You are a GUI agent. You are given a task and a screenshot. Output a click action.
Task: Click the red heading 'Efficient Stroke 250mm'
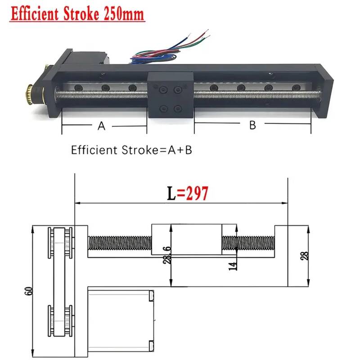point(77,14)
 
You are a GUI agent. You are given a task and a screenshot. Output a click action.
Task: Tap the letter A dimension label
point(102,126)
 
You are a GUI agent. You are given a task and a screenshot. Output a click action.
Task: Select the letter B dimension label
point(252,125)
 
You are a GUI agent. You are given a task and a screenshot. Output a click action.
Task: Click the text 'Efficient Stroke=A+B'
point(131,150)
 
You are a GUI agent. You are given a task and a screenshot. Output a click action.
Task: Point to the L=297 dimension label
point(188,193)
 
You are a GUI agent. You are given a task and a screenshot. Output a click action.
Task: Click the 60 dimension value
point(29,291)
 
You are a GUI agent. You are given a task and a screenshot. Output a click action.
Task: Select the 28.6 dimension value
point(167,255)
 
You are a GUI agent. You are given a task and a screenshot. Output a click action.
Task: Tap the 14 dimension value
point(233,266)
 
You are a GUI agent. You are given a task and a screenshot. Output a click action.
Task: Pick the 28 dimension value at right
point(305,256)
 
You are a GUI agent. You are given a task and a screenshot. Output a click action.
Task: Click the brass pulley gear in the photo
point(30,94)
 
